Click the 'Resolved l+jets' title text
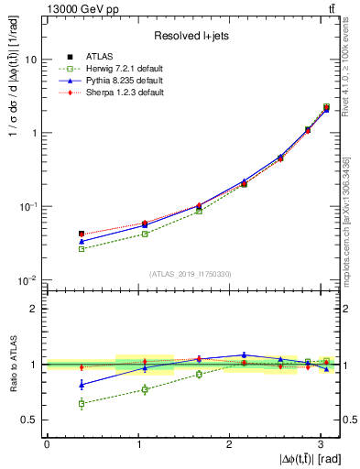pyautogui.click(x=191, y=36)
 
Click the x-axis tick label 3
pyautogui.click(x=321, y=444)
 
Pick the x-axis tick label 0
pyautogui.click(x=47, y=444)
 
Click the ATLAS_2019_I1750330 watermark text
pyautogui.click(x=191, y=273)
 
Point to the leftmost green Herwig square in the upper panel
pyautogui.click(x=82, y=248)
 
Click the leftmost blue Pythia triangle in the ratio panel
pyautogui.click(x=82, y=384)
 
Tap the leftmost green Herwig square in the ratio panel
pyautogui.click(x=82, y=403)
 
